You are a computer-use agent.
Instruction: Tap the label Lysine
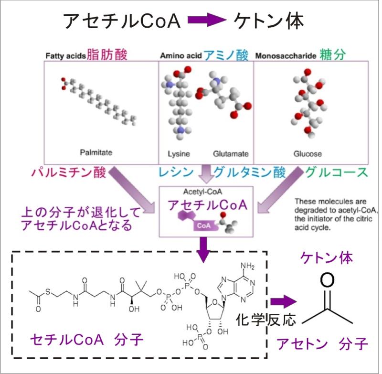pyautogui.click(x=179, y=154)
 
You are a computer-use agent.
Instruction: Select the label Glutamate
pyautogui.click(x=230, y=154)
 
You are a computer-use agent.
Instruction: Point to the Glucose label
pyautogui.click(x=307, y=154)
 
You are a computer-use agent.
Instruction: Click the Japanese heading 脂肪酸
pyautogui.click(x=107, y=55)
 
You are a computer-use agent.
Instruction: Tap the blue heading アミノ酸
pyautogui.click(x=226, y=55)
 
